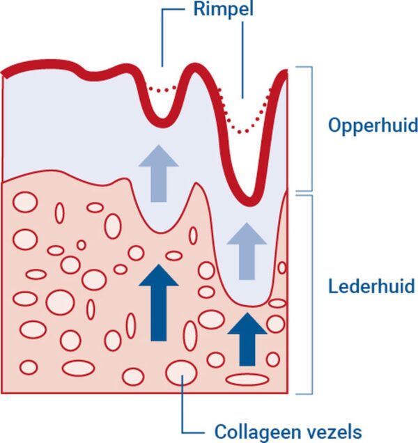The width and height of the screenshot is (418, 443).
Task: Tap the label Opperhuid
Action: (373, 126)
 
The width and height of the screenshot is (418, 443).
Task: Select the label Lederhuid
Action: (371, 286)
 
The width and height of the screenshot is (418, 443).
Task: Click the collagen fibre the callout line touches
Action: (180, 370)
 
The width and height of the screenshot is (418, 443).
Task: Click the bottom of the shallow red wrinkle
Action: (162, 123)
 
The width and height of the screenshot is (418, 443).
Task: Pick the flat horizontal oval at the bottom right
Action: (247, 380)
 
